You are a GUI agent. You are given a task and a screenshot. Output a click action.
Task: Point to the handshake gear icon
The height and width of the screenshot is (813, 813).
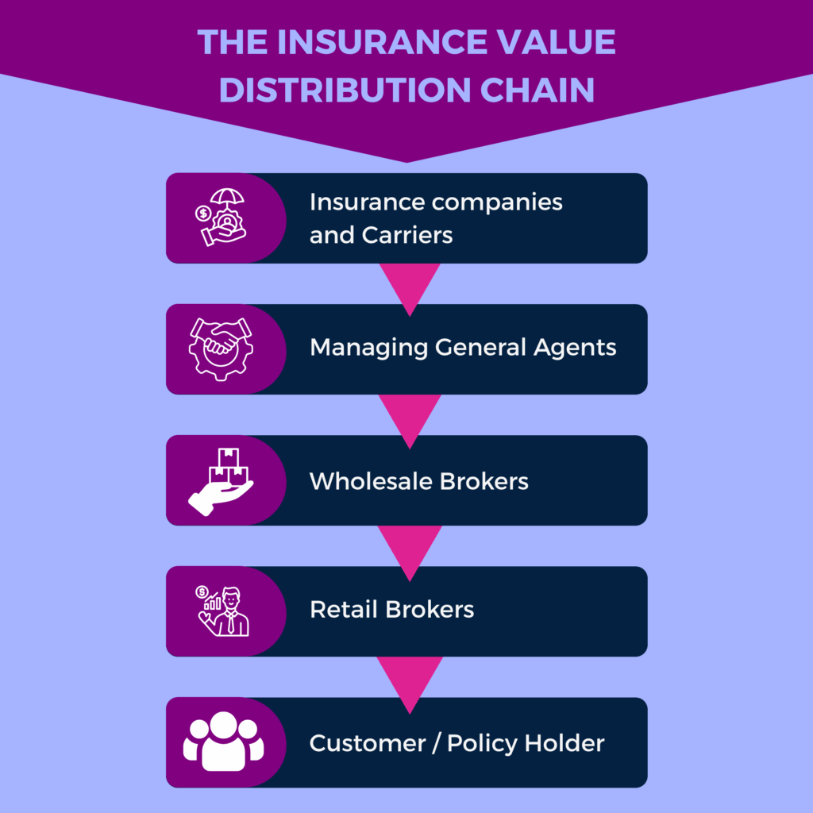tap(221, 348)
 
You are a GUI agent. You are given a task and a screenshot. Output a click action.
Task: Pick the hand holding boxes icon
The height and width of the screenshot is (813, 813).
tap(222, 480)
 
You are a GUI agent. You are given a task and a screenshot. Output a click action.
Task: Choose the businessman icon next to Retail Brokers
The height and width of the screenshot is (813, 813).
tap(222, 611)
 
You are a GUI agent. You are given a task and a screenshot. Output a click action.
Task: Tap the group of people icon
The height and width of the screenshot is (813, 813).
tap(223, 742)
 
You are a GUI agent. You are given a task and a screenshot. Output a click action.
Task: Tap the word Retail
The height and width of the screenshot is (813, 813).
tap(344, 610)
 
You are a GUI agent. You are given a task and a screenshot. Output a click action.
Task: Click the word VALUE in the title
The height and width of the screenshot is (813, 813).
tap(555, 43)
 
